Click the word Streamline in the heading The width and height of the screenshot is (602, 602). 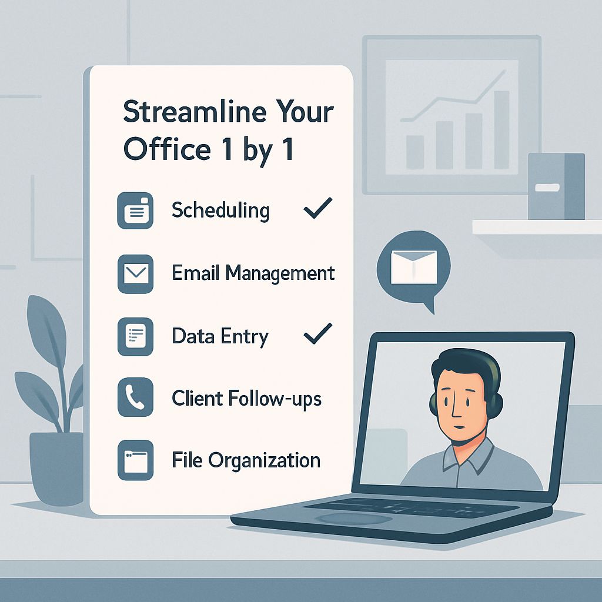tap(195, 111)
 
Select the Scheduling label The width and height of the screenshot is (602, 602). tap(220, 210)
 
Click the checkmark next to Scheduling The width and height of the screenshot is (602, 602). tap(318, 208)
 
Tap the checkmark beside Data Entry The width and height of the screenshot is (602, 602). tap(318, 333)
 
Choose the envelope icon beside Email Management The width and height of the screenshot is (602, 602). tap(136, 274)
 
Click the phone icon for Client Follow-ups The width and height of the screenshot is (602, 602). tap(136, 397)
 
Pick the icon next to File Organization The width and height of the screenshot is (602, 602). tap(136, 460)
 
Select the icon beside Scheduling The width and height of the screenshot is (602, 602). tap(135, 211)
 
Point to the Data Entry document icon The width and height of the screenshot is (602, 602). tap(136, 336)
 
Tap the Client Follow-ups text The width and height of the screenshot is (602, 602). tap(246, 398)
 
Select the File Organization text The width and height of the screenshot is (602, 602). tap(246, 460)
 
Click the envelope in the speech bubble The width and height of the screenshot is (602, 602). tap(413, 267)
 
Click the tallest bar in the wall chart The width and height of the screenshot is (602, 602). tap(501, 130)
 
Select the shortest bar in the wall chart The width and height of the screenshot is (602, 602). tap(415, 152)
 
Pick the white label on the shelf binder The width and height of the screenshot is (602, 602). tap(547, 188)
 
